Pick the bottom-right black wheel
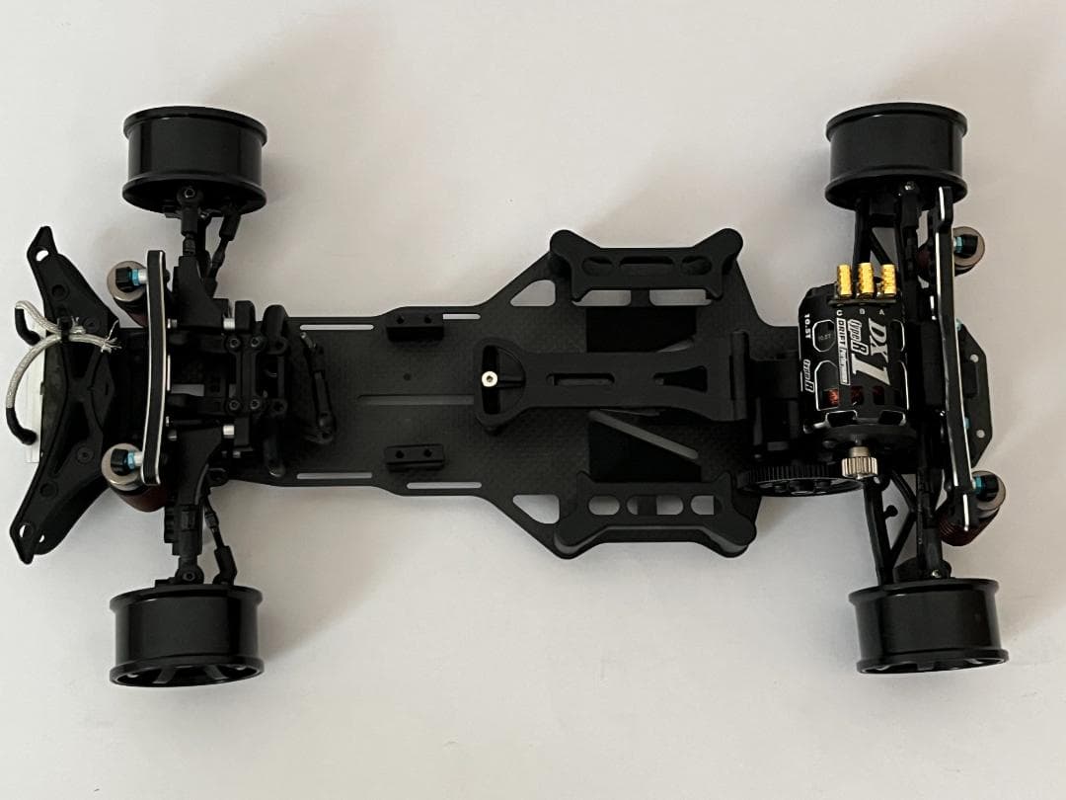(928, 624)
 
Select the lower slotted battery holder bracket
(653, 510)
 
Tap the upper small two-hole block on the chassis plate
(406, 327)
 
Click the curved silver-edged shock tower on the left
(155, 365)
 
